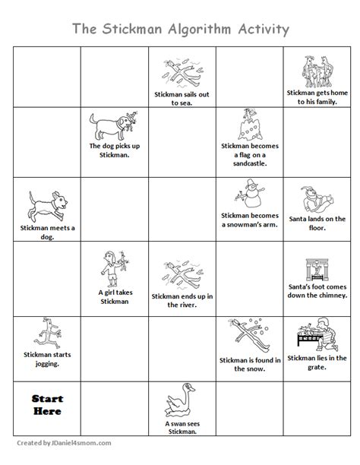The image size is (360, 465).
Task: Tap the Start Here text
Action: (x=47, y=405)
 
